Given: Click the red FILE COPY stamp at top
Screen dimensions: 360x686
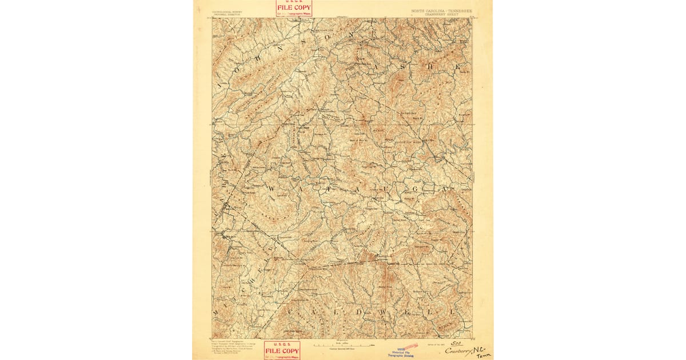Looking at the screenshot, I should pos(294,7).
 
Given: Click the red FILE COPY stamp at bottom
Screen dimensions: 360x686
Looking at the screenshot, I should pos(282,350).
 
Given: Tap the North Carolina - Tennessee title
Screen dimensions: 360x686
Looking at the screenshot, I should pos(442,10).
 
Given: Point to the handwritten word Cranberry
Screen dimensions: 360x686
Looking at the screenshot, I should pos(458,351).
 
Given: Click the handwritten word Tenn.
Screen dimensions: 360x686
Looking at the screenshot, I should pos(484,355).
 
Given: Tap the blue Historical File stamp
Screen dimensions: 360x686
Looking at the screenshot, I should pos(403,353).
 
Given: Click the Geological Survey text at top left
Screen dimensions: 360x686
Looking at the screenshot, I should pos(228,11).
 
